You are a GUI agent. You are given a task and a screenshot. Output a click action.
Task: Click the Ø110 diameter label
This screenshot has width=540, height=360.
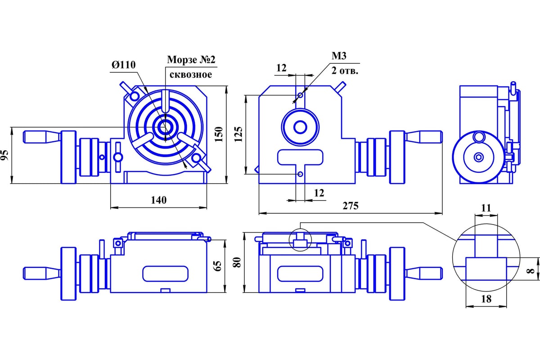tap(123, 65)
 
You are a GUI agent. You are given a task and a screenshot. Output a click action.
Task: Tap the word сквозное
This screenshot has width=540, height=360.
tap(189, 74)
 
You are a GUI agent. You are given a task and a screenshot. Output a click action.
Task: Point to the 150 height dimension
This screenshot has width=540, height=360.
tap(219, 134)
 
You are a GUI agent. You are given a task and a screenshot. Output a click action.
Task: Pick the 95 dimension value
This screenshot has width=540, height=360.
tap(5, 155)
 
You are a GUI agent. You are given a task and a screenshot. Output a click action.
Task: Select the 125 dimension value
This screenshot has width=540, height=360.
tap(239, 134)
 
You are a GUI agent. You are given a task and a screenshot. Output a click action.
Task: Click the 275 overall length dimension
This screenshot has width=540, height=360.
tap(351, 206)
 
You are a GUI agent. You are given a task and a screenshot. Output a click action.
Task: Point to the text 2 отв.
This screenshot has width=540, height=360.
tap(345, 71)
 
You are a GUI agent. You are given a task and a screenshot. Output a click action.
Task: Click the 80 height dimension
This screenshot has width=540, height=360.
tap(238, 262)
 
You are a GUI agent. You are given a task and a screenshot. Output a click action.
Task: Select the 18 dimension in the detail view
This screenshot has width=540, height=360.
tap(486, 298)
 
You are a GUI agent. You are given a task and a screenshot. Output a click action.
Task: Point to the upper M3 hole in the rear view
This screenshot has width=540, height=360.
tap(300, 95)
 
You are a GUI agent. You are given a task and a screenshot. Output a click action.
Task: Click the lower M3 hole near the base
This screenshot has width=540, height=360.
tap(300, 174)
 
